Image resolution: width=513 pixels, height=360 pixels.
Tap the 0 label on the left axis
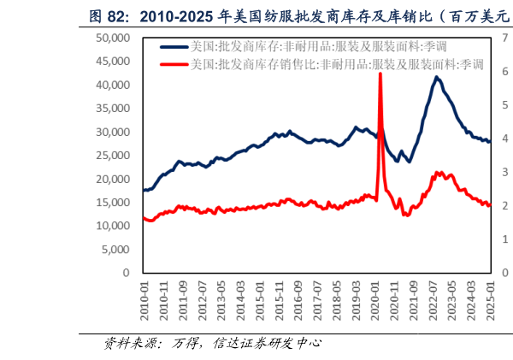click(x=124, y=273)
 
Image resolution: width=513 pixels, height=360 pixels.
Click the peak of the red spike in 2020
click(x=380, y=74)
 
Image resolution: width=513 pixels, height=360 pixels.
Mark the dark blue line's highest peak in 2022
click(x=437, y=77)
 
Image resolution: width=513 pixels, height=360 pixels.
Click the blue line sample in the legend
click(x=173, y=47)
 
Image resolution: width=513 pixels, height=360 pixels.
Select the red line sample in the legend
click(x=173, y=64)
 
